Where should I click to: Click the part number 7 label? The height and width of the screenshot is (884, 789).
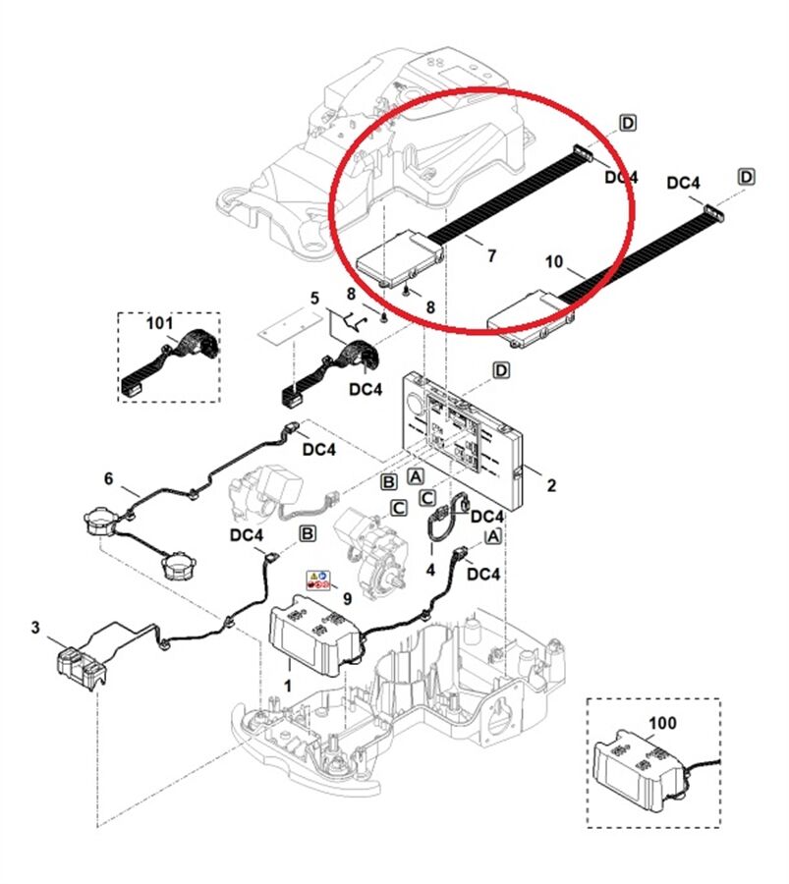tap(491, 256)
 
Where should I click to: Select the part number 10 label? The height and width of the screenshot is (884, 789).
tap(554, 261)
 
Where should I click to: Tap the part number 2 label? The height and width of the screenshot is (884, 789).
tap(551, 485)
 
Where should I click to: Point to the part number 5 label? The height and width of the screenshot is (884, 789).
tap(314, 297)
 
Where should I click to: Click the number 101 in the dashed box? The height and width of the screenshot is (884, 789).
tap(159, 322)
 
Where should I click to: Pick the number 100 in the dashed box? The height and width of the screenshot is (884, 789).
tap(663, 722)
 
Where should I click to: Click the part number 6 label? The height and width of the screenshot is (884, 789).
tap(108, 478)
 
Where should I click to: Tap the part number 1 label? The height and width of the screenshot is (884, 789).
tap(288, 682)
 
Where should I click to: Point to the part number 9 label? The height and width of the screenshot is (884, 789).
tap(346, 597)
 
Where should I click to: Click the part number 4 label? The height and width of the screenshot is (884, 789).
tap(430, 569)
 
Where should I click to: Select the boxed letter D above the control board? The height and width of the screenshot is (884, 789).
tap(501, 370)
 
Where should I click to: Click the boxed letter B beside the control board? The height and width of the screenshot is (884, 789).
tap(389, 481)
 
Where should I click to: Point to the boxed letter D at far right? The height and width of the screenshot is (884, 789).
tap(747, 177)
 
